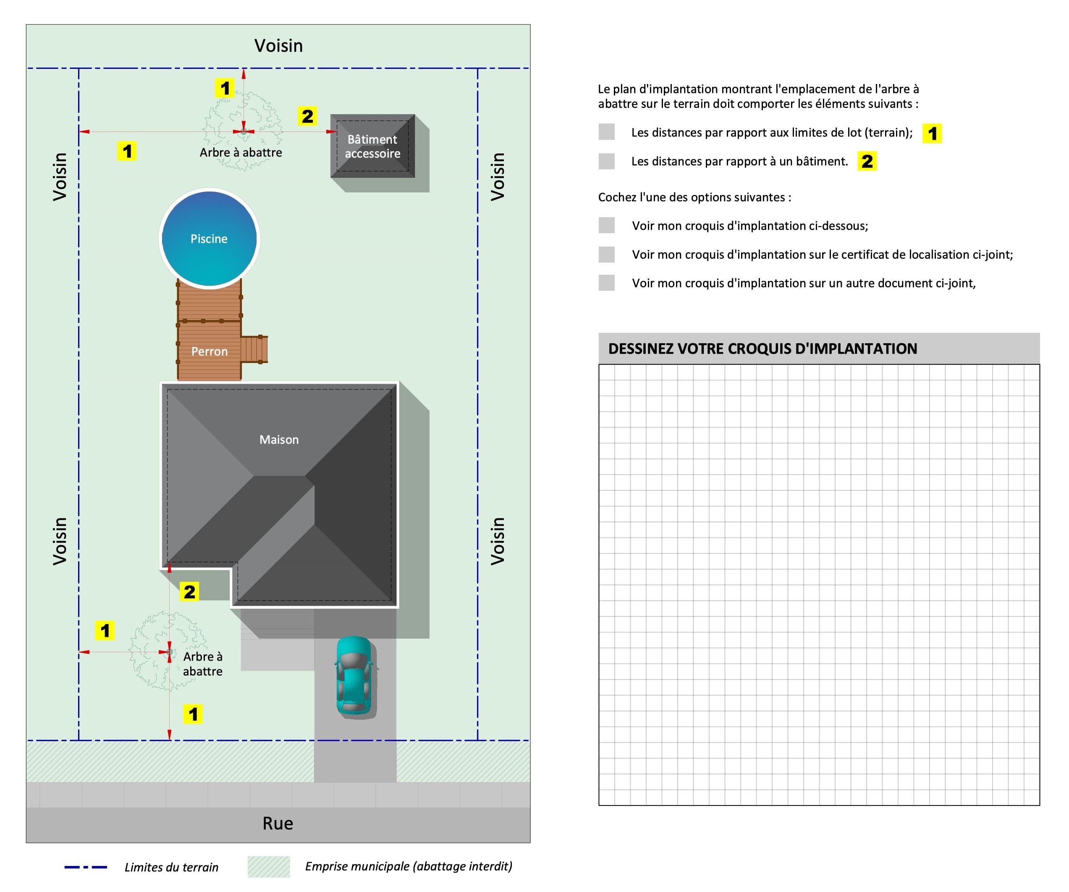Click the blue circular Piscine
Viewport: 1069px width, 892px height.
(209, 238)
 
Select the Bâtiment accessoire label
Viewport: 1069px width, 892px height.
(372, 146)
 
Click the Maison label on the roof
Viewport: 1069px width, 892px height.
(279, 439)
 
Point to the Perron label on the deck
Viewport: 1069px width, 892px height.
(209, 352)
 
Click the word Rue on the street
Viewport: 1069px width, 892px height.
(278, 823)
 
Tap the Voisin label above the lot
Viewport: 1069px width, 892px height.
(278, 46)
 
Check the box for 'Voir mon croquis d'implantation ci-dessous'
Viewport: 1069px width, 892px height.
(606, 225)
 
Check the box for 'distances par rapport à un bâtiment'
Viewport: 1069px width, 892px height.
(606, 161)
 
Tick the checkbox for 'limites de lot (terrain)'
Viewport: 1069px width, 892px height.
(606, 132)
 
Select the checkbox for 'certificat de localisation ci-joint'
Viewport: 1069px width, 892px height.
(606, 254)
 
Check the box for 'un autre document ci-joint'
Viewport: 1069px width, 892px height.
(606, 283)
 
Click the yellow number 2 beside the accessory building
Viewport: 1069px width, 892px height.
(307, 116)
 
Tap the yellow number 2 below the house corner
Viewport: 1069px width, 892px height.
(189, 592)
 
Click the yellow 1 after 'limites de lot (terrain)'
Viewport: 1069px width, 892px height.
(932, 134)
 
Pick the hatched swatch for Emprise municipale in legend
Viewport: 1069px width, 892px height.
(268, 866)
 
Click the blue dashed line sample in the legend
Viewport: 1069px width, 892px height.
(86, 867)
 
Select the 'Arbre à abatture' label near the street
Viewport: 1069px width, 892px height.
(203, 664)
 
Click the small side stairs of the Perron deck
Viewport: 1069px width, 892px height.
(254, 349)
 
